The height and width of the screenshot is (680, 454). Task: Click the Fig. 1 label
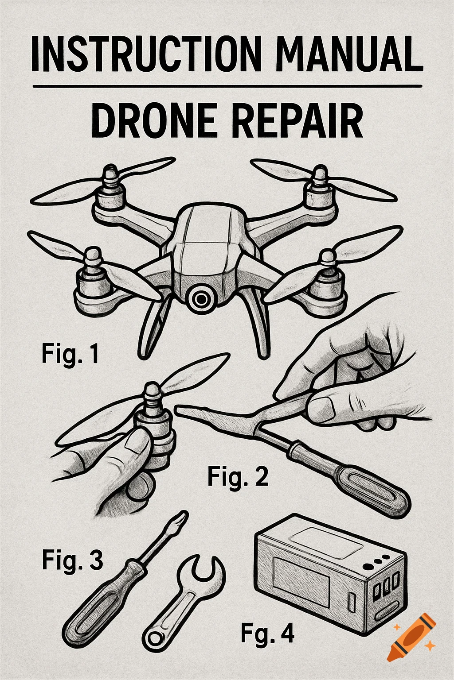point(70,354)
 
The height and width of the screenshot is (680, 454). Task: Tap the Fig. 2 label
point(238,477)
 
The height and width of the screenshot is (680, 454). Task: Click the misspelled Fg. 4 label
point(267,634)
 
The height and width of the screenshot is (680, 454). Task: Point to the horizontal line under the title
point(227,86)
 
